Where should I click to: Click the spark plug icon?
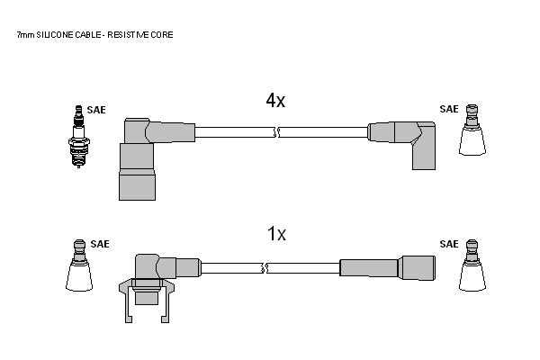tap(79, 137)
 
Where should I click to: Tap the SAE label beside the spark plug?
tap(96, 110)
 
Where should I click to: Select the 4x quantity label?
tap(275, 101)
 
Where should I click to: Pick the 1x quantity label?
tap(276, 234)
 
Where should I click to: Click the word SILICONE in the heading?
tap(54, 35)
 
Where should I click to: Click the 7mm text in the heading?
tap(26, 35)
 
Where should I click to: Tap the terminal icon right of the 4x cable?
tap(472, 130)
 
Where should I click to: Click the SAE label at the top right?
tap(449, 109)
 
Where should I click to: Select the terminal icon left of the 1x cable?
tap(79, 265)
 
